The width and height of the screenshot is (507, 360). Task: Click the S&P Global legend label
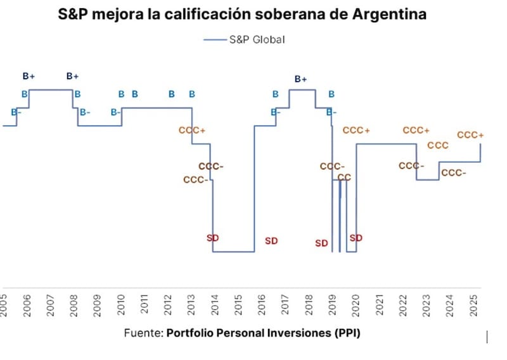tap(257, 39)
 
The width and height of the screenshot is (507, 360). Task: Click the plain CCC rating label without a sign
tap(438, 145)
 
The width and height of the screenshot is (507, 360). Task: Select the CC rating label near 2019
tap(344, 177)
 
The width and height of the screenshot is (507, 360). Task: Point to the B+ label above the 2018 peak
tap(300, 79)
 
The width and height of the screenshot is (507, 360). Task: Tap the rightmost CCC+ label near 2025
tap(470, 135)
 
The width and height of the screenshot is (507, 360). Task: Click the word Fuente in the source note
tap(143, 333)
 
